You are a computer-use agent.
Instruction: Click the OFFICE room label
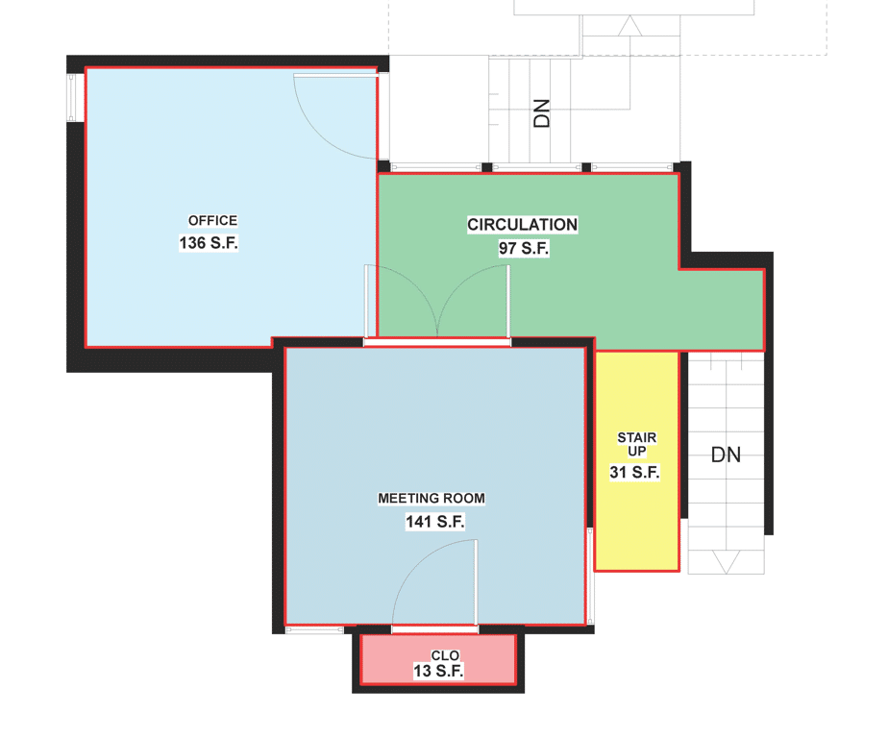tap(212, 220)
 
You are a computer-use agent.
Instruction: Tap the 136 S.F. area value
tap(209, 243)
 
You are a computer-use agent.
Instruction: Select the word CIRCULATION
tap(522, 225)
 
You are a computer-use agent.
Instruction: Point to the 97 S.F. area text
tap(524, 248)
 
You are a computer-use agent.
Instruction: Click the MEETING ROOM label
tap(432, 499)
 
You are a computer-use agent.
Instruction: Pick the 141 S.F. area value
tap(435, 522)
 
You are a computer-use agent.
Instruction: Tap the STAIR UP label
tap(637, 445)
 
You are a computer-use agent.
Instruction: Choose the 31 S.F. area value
tap(635, 473)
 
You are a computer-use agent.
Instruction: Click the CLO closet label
tap(445, 656)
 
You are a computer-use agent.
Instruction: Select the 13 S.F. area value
tap(438, 671)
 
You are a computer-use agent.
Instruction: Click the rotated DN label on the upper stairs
tap(542, 113)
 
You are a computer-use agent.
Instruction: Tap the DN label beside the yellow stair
tap(726, 455)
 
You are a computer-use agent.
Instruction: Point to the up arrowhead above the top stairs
tap(629, 26)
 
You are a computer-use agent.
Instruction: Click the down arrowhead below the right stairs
tap(726, 562)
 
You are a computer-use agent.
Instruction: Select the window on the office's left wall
tap(71, 97)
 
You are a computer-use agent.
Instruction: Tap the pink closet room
tap(438, 658)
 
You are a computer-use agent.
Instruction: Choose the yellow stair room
tap(636, 461)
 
